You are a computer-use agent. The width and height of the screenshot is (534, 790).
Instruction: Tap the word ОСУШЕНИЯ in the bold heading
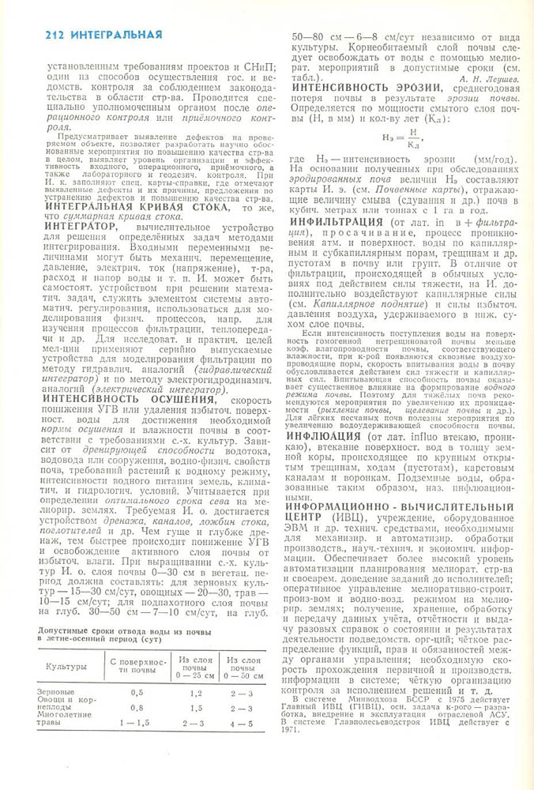186,400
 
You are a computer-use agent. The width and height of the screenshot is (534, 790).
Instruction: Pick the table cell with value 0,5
136,691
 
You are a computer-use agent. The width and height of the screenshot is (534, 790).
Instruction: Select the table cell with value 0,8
136,708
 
